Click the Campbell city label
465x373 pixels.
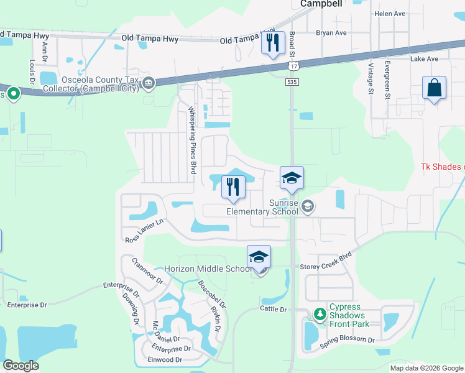321,4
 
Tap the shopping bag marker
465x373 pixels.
434,88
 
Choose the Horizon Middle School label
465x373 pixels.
208,269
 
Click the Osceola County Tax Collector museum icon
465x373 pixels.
149,83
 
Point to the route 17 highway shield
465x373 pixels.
293,65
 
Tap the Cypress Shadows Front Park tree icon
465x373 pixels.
320,314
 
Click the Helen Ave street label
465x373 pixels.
390,13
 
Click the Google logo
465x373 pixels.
21,366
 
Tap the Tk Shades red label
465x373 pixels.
443,167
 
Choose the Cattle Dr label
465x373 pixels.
274,309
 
